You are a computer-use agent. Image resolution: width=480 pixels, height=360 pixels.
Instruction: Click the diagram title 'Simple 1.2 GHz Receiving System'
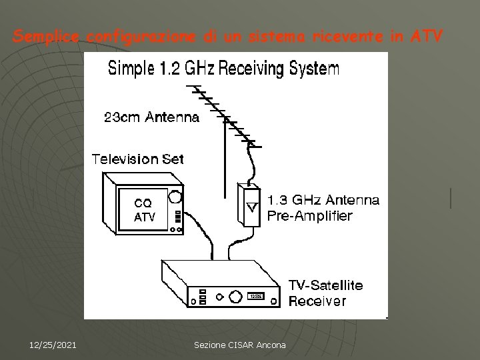pyautogui.click(x=224, y=68)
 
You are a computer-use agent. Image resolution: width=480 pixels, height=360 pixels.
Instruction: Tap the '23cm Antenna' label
pyautogui.click(x=151, y=119)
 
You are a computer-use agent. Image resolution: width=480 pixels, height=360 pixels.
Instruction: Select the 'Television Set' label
pyautogui.click(x=137, y=159)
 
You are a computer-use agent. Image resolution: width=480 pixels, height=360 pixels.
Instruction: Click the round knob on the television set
pyautogui.click(x=175, y=197)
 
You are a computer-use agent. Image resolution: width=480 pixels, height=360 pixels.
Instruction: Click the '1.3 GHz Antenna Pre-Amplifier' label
pyautogui.click(x=323, y=207)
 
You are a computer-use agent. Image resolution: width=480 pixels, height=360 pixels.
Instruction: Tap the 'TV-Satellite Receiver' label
pyautogui.click(x=325, y=293)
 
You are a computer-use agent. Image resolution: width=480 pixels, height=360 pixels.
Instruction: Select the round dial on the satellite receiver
pyautogui.click(x=234, y=295)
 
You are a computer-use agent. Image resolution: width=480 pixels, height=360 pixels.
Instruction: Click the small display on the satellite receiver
pyautogui.click(x=257, y=296)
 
